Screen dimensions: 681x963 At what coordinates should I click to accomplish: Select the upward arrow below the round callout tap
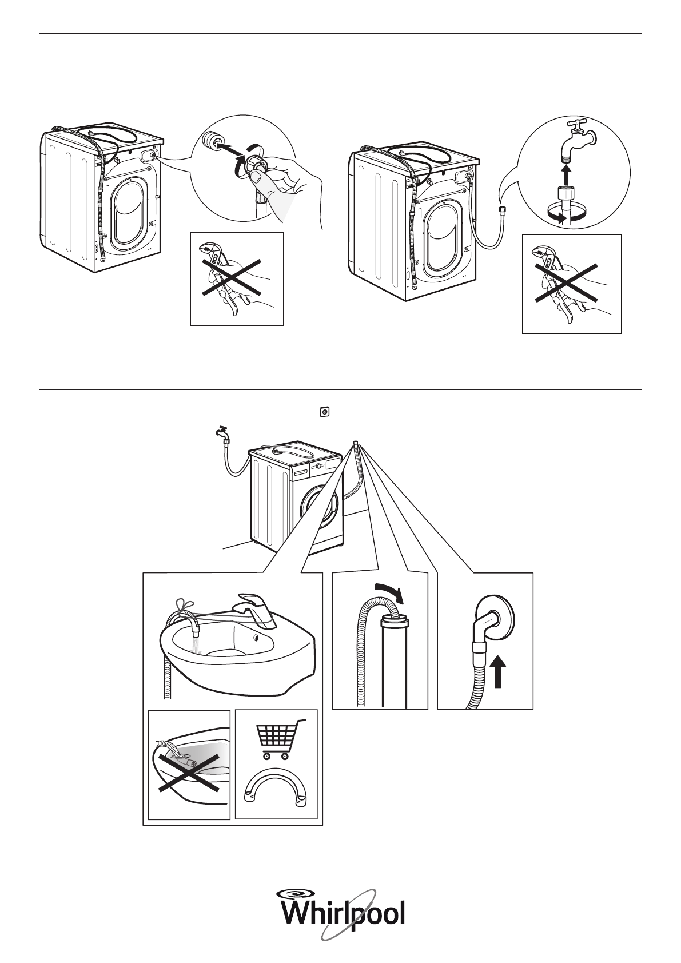point(567,174)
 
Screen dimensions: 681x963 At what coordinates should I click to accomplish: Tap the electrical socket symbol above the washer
point(325,412)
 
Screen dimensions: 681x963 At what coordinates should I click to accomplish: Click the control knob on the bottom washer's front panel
point(318,467)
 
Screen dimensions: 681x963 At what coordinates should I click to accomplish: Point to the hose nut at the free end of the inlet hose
point(501,210)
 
